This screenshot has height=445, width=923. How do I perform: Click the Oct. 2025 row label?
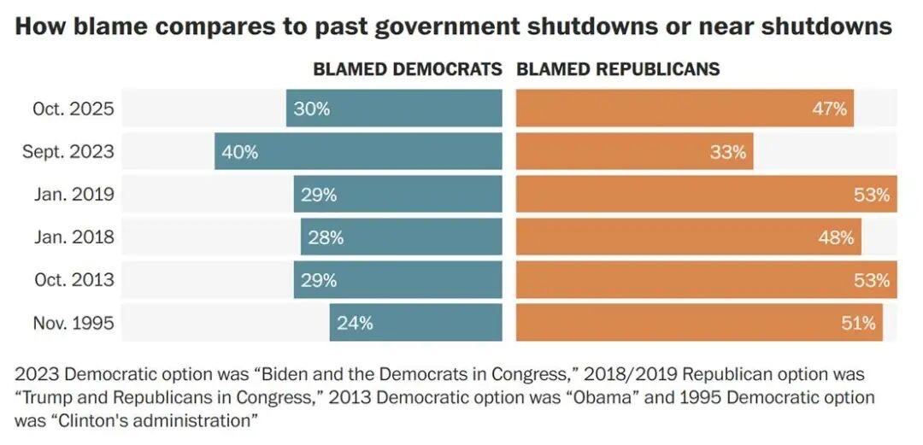73,109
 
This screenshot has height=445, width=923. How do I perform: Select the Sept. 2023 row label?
68,152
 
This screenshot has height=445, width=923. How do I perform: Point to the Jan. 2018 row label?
73,237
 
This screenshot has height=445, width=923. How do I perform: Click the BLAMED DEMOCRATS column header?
407,70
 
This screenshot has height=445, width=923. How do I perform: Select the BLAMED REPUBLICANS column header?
618,70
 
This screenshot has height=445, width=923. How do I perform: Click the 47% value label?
829,109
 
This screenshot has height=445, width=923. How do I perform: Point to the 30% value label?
311,109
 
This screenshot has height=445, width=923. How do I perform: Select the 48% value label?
836,237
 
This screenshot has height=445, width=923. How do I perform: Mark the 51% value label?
858,323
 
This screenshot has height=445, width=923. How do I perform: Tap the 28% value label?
326,237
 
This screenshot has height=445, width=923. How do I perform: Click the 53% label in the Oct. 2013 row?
872,280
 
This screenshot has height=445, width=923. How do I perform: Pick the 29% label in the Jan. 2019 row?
318,195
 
